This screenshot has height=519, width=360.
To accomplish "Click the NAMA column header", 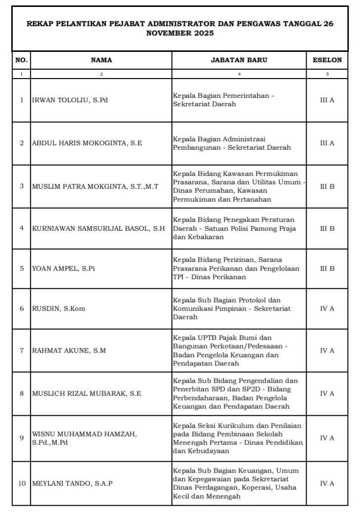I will pos(101,60).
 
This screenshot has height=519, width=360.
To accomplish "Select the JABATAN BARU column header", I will pos(239,60).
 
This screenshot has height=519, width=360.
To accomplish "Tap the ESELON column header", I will pos(327,60).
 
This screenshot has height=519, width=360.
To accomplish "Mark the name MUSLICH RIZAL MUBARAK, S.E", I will pos(87,394).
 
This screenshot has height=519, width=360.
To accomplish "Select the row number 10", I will pos(22,483).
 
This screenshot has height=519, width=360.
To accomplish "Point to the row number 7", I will pos(22,351).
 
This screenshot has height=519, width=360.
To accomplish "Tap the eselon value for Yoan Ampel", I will pos(327,269).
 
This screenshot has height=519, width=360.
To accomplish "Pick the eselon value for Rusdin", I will pos(327,308).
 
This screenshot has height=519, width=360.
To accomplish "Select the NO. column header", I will pos(22,60).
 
